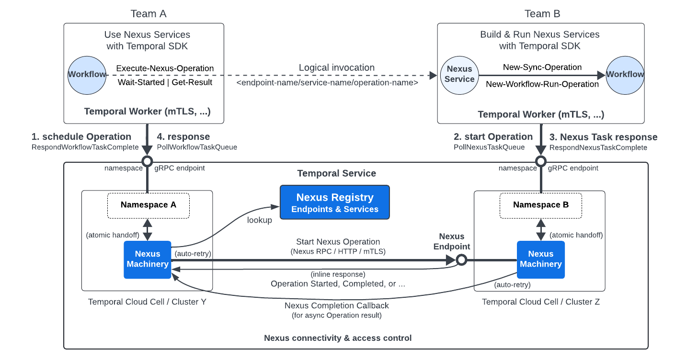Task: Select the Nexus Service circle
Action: (x=459, y=75)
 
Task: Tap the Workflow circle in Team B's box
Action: (x=625, y=75)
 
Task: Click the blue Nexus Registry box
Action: (x=334, y=202)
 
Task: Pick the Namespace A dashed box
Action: (x=148, y=205)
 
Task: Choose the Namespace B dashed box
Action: (x=540, y=205)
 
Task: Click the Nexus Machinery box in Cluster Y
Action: (x=148, y=259)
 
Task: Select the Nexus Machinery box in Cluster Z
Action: (x=540, y=259)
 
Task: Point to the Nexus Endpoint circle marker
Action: (x=461, y=260)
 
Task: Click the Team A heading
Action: (x=149, y=13)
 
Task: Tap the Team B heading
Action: (x=542, y=13)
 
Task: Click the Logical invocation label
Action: (x=336, y=67)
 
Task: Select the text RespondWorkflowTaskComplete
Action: (x=85, y=147)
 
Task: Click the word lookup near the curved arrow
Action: (x=259, y=220)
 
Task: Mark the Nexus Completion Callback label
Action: (x=336, y=305)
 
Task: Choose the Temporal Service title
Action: (x=336, y=173)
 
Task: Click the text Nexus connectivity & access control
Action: (x=338, y=338)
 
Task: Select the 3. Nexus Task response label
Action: (x=603, y=137)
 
